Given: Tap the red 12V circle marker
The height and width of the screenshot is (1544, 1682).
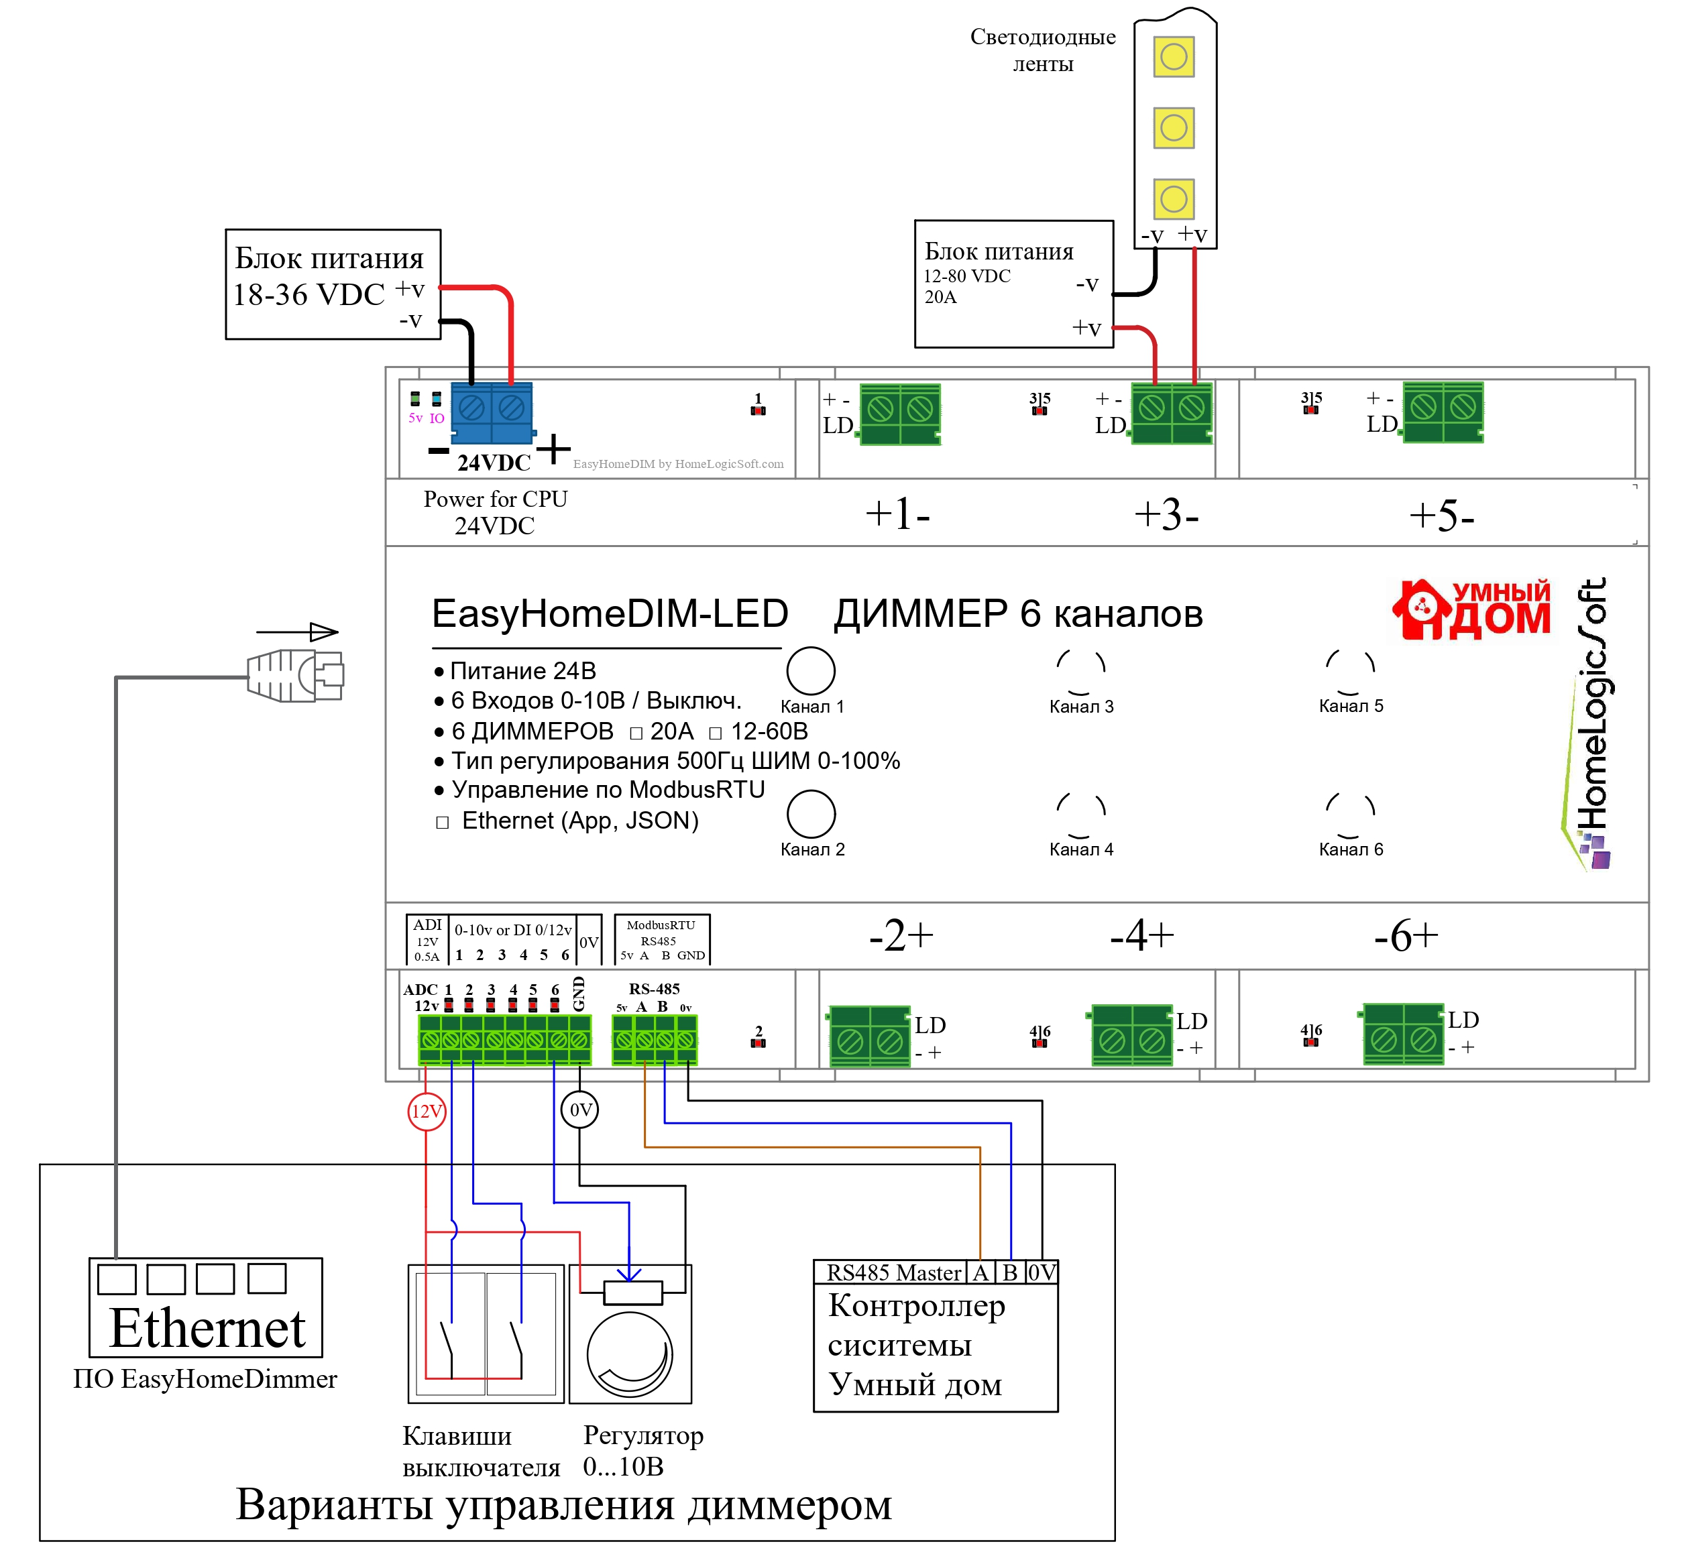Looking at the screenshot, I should (426, 1111).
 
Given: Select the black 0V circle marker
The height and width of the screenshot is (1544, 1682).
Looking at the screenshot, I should (580, 1110).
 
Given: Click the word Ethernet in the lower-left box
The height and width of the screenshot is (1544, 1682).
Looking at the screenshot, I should (207, 1328).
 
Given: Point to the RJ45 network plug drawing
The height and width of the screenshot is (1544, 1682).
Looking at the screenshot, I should (296, 675).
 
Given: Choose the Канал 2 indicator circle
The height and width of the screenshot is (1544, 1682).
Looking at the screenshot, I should (811, 814).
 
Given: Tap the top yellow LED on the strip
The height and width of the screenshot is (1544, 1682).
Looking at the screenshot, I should (1173, 57).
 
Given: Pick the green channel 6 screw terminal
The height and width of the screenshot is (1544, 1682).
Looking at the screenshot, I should (1404, 1034).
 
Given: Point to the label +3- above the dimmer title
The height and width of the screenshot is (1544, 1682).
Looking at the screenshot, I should (1166, 515).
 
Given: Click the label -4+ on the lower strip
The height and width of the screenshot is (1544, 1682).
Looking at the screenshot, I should (1142, 936).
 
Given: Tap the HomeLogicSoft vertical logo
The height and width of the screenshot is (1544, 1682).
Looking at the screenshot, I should (1590, 723).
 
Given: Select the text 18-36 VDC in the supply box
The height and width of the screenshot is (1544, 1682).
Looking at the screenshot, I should (309, 295).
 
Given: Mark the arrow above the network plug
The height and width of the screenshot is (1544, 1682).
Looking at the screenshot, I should (298, 632).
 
